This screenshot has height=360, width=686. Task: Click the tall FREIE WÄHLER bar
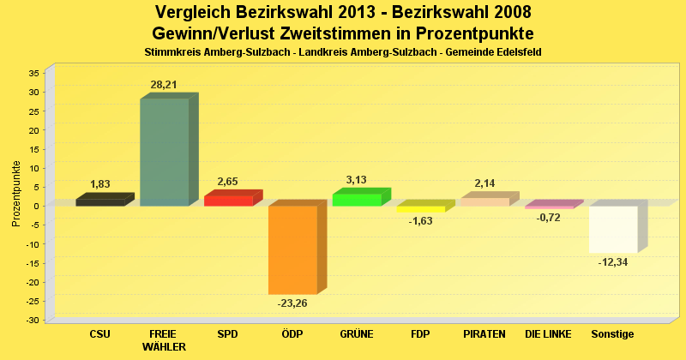164,152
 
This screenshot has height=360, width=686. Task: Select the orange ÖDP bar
292,249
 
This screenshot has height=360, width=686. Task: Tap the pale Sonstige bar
613,229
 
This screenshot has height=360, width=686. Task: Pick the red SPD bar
228,201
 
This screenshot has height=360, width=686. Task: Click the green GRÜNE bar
357,200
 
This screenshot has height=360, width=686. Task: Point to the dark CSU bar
99,202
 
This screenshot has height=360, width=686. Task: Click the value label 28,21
164,85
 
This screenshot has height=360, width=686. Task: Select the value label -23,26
292,303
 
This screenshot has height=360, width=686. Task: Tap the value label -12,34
613,261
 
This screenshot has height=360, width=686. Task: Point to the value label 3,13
356,180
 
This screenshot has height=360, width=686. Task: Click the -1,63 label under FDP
420,221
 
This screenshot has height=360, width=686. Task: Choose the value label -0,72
548,218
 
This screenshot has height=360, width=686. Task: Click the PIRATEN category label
484,333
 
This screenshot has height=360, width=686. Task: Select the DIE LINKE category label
548,333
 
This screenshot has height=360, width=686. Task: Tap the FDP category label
420,333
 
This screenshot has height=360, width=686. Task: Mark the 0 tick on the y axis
37,206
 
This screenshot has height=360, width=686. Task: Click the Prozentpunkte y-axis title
15,194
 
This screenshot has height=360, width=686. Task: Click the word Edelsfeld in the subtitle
516,53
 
